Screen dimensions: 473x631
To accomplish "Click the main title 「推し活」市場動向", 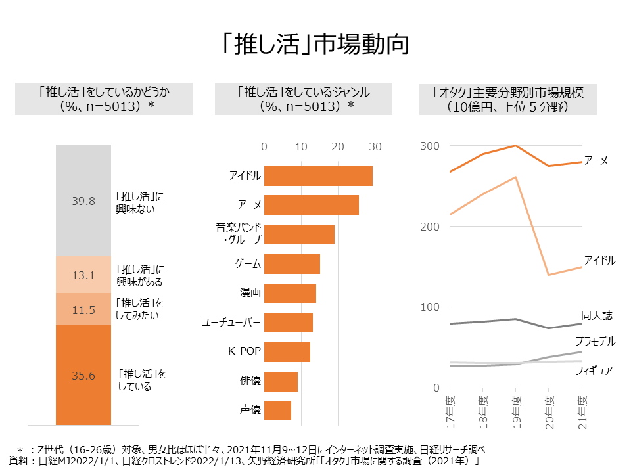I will point(315,43).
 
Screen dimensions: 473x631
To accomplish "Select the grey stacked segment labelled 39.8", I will point(83,200).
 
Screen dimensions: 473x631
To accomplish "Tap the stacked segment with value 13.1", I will point(83,275).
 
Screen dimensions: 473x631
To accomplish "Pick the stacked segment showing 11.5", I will point(83,309).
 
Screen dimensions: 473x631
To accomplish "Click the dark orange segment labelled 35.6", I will point(83,375).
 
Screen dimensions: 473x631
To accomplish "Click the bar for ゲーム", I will point(292,264).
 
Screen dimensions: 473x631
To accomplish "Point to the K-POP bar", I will point(287,352).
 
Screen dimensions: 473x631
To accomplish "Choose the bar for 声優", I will point(277,411).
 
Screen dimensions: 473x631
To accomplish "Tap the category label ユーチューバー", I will point(231,323).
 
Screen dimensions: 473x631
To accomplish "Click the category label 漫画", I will point(250,293).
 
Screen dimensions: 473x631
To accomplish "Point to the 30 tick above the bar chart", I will point(375,146).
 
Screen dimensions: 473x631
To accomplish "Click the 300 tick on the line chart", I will point(430,146).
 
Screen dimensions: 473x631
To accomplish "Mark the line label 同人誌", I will point(597,316).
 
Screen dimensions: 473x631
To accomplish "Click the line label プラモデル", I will point(595,341).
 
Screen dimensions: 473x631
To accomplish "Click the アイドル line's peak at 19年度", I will point(516,177).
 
